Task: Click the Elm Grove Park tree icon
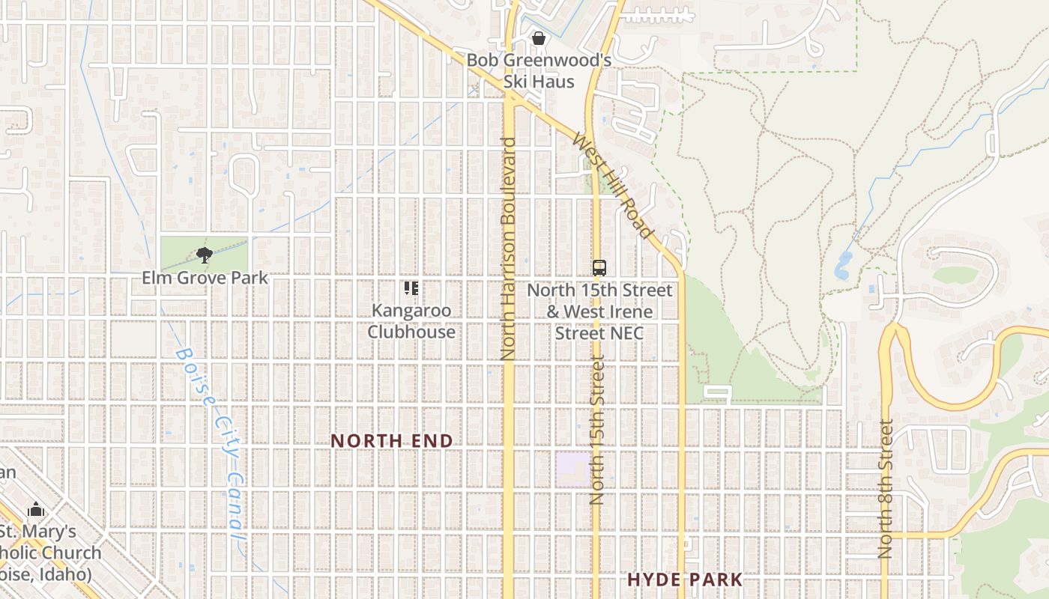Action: point(204,255)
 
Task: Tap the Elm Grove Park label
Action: point(205,278)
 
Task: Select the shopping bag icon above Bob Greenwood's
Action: point(538,38)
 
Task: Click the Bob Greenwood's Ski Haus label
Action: point(539,70)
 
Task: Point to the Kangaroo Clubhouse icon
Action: point(411,288)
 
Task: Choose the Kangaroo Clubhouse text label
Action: point(411,320)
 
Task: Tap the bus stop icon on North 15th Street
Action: point(599,267)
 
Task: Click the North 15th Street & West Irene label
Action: point(599,311)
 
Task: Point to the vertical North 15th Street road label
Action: point(597,430)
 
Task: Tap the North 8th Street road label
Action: point(886,488)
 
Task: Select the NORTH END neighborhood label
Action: point(392,441)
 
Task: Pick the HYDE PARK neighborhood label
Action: point(685,580)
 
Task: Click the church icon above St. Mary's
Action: point(36,511)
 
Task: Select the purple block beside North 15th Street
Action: point(573,468)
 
